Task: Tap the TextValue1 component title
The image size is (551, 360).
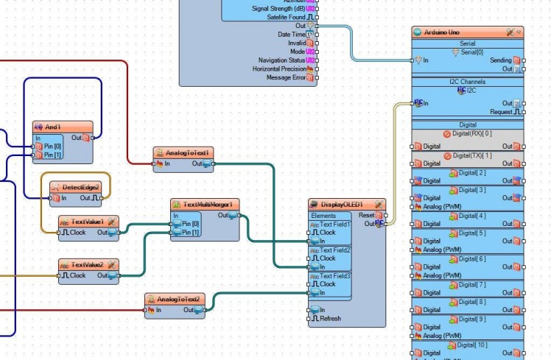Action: point(87,221)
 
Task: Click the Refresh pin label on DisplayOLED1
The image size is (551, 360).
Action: point(330,318)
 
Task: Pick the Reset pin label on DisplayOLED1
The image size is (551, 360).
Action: point(365,215)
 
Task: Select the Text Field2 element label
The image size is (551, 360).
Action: point(334,250)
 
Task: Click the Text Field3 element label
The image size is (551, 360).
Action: point(334,276)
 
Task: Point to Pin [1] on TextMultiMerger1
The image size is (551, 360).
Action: point(190,232)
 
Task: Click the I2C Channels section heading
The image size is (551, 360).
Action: point(467,81)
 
